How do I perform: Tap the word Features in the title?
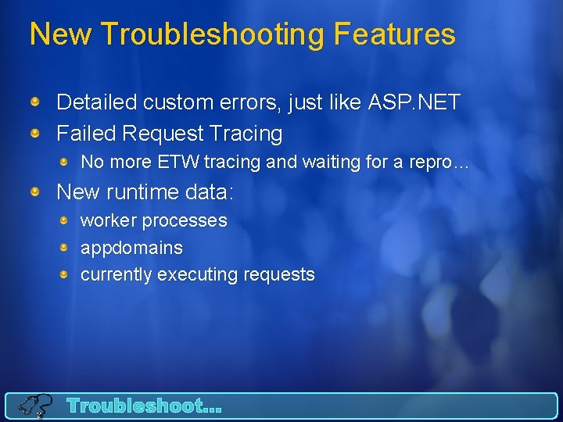coord(394,34)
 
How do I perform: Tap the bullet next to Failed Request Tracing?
coord(36,134)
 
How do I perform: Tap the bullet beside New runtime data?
coord(36,192)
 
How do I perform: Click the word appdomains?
coord(131,248)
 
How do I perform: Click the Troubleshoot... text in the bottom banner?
coord(145,406)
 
